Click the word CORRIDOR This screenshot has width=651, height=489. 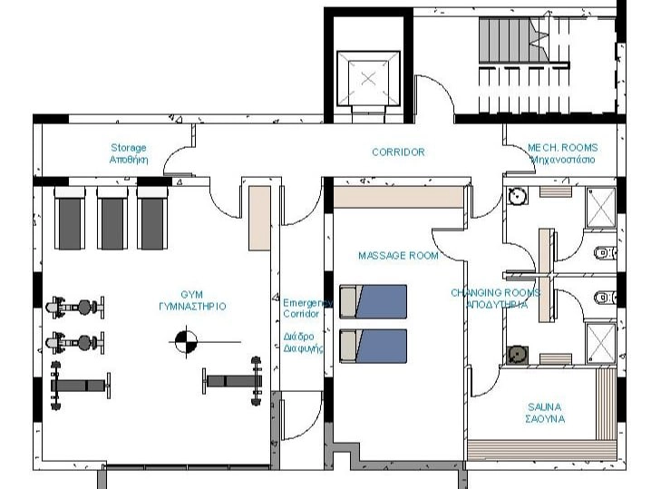click(398, 152)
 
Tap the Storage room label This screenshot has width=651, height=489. click(129, 153)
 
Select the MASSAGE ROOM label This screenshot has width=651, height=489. click(398, 256)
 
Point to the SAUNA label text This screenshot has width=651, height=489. click(545, 413)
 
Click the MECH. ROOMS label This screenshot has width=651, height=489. click(562, 153)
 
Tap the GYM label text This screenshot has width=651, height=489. click(192, 300)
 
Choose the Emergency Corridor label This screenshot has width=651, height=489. click(306, 308)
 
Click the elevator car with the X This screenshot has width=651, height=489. click(368, 78)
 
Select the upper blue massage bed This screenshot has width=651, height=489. click(373, 301)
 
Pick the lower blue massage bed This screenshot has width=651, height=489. click(373, 346)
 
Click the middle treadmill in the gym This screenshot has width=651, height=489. click(112, 219)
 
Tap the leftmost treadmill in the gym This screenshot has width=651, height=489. click(69, 219)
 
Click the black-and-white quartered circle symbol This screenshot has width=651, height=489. click(186, 341)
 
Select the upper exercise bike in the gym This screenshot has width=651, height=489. click(74, 308)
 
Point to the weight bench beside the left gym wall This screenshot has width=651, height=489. click(80, 386)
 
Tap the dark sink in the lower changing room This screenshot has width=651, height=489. click(518, 356)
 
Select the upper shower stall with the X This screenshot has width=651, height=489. click(600, 208)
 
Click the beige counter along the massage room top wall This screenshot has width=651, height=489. click(398, 198)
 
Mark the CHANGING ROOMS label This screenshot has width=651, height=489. click(496, 298)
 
